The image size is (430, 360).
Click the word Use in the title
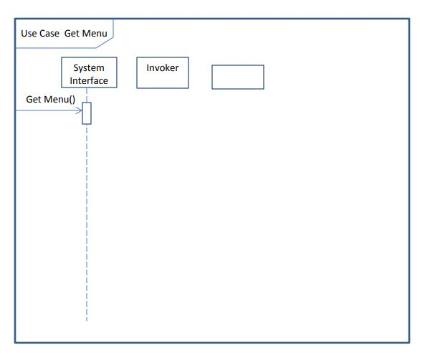coord(29,33)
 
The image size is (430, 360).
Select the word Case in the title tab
coord(49,33)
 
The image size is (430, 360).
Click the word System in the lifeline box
coord(89,68)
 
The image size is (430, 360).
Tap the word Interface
coord(89,80)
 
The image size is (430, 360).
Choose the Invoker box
coord(163,73)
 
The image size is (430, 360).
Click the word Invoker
coord(163,68)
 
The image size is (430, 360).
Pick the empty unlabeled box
coord(237,77)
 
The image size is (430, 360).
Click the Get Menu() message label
coord(50,99)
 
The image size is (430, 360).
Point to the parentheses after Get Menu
coord(72,99)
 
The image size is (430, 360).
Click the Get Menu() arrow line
coord(47,111)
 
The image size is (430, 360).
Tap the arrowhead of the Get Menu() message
coord(80,111)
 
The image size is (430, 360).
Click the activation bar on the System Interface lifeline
coord(87,113)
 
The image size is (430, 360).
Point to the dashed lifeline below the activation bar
coord(87,215)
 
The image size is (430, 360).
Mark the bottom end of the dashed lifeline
coord(87,320)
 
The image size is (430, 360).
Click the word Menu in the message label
coord(56,99)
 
